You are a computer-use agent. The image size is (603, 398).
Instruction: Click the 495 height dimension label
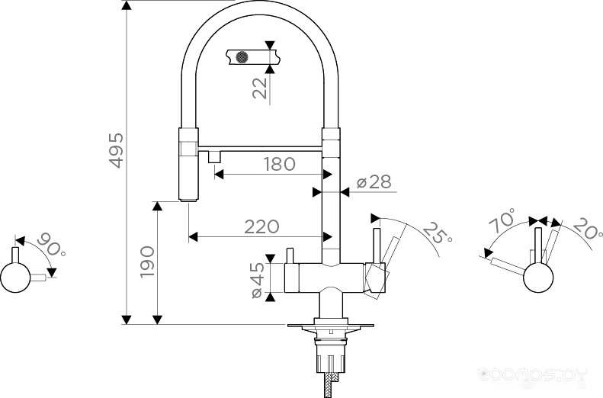point(117,150)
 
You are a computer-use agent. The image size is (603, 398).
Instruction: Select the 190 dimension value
point(147,262)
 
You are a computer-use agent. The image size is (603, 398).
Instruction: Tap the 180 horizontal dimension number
point(280,164)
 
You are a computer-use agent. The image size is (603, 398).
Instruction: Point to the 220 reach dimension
point(262,227)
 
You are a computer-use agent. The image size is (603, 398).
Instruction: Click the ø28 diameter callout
point(374,182)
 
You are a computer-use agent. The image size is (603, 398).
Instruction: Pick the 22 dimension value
point(260,88)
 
